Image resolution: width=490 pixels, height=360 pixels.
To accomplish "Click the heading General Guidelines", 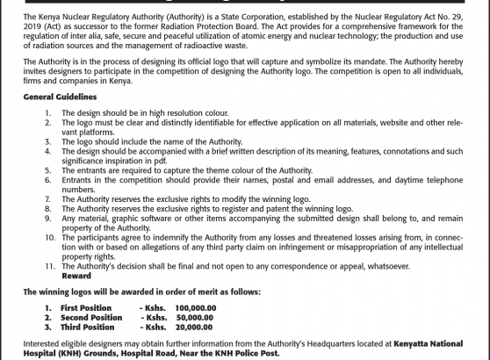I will (x=60, y=95).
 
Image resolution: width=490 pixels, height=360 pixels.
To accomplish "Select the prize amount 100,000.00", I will (x=195, y=308).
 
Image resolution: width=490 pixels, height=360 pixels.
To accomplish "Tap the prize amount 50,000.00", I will (x=195, y=318).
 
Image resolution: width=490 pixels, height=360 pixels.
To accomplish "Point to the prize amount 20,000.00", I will (x=195, y=328).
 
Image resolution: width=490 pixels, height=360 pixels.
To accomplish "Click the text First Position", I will (x=86, y=308).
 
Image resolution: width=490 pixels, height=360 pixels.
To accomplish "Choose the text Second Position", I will (x=91, y=318).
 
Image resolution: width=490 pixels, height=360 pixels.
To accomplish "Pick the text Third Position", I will (x=87, y=328).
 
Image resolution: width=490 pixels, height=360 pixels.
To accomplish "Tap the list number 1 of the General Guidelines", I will (x=47, y=113).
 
